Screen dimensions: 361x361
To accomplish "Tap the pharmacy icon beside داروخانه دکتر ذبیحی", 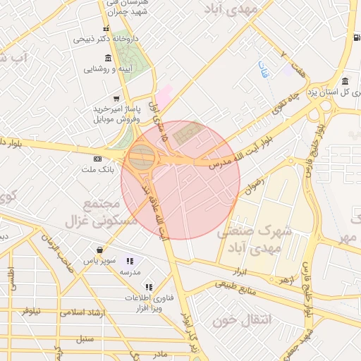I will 106,29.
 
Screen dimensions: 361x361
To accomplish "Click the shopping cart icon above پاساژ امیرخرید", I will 116,99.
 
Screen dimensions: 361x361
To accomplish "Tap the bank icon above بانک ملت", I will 97,158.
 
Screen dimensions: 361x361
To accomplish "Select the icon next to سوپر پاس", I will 102,250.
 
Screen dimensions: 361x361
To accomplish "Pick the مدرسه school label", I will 131,271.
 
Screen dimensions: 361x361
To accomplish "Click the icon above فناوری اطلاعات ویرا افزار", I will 148,286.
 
